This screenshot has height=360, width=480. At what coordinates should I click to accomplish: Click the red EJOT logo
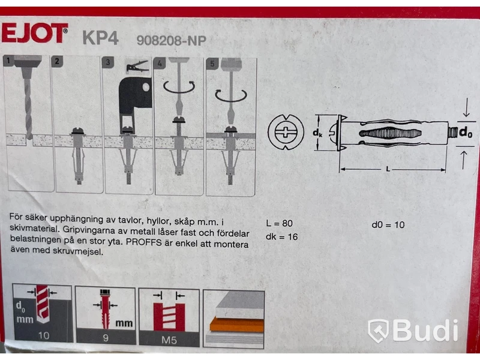pos(35,33)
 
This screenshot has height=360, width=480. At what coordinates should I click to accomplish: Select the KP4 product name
pos(100,38)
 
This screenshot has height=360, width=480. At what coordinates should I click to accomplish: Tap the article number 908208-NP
pos(172,40)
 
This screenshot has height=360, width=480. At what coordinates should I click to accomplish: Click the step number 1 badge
pos(8,61)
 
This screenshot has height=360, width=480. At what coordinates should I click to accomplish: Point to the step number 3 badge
pos(108,62)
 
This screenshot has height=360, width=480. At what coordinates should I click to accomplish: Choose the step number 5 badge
pos(212,64)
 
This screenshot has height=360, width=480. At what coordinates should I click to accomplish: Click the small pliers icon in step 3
pos(137,67)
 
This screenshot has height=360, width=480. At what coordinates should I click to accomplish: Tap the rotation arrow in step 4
pos(179,87)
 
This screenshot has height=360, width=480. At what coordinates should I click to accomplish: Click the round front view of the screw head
pos(286,132)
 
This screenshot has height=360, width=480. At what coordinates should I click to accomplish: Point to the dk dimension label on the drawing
pos(317,133)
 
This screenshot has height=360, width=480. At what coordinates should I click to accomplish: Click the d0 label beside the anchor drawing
pos(466,132)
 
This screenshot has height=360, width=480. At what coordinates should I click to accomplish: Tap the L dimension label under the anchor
pos(388,169)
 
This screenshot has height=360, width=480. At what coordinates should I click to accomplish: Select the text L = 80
pos(279,223)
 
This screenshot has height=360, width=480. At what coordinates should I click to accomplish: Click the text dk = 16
pos(281,236)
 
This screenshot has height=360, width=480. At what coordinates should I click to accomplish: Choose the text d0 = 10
pos(388,225)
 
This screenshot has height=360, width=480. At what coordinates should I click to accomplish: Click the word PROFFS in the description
pos(143,242)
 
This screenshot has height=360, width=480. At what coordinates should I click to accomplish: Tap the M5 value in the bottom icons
pos(169,340)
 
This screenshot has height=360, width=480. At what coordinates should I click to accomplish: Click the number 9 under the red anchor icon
pos(106,338)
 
